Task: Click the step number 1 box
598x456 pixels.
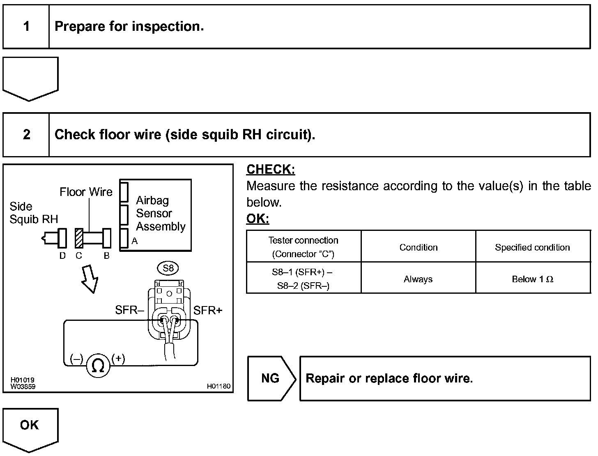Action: coord(26,27)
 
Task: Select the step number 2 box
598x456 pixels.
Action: coord(26,135)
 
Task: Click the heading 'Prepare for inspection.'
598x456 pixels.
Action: coord(129,27)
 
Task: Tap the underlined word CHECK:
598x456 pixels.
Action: coord(271,170)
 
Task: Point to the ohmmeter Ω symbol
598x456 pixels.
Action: coord(98,365)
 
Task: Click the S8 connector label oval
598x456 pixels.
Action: coord(168,269)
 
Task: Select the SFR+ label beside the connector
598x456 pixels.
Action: coord(208,311)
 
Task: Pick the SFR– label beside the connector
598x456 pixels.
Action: coord(129,310)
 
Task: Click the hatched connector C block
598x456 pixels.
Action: coord(79,238)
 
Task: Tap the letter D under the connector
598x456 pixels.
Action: coord(62,256)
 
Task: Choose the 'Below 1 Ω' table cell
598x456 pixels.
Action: coord(532,279)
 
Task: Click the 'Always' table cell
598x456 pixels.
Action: coord(418,279)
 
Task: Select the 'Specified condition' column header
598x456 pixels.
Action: coord(532,247)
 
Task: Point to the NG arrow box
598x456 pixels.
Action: coord(271,378)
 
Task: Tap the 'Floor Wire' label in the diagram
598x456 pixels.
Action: coord(86,192)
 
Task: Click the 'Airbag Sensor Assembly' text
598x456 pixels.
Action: coord(160,214)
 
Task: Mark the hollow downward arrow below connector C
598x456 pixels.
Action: coord(90,278)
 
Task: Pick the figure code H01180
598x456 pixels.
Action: coord(218,386)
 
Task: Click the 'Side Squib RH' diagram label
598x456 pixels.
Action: coord(33,213)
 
